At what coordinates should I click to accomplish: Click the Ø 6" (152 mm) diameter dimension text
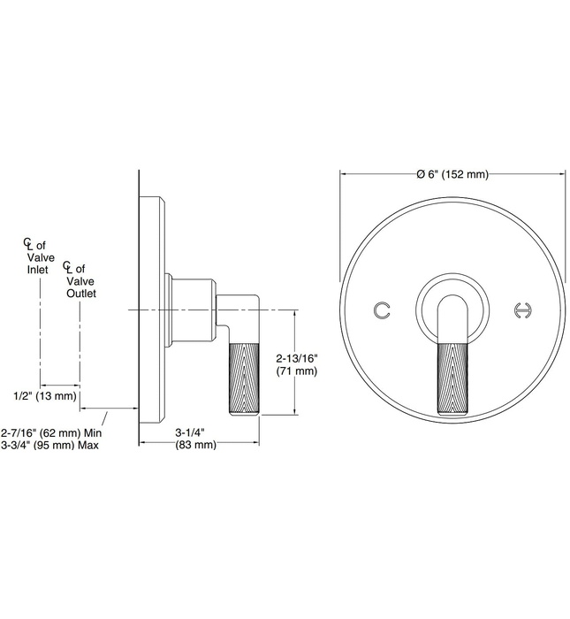pos(452,173)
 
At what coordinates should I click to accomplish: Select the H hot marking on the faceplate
pos(522,309)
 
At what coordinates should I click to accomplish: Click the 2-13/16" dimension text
pos(296,358)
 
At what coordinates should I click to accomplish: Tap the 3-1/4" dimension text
pos(189,432)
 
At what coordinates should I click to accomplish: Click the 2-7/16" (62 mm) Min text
pos(52,432)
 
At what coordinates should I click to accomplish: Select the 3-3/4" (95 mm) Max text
pos(50,445)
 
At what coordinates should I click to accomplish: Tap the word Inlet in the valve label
pos(40,269)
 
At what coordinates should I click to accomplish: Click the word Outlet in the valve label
pos(81,292)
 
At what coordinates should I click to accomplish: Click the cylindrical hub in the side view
pos(192,309)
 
